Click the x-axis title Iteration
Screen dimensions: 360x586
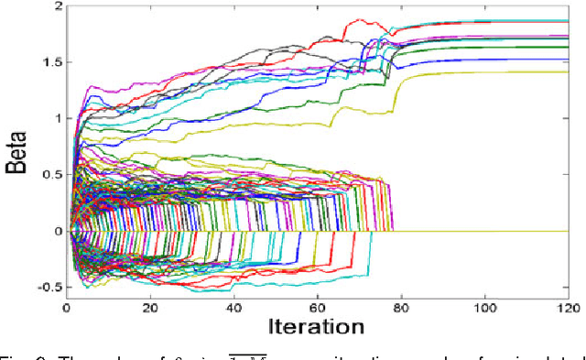pyautogui.click(x=317, y=326)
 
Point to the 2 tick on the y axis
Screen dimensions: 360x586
pyautogui.click(x=58, y=6)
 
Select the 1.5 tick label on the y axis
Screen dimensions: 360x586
pyautogui.click(x=51, y=62)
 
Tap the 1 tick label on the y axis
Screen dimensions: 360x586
pyautogui.click(x=58, y=118)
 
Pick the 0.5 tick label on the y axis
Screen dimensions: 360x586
pyautogui.click(x=51, y=175)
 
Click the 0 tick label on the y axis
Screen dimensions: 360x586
pyautogui.click(x=58, y=231)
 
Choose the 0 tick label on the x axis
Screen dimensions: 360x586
pyautogui.click(x=67, y=308)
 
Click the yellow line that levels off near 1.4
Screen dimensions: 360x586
pyautogui.click(x=494, y=72)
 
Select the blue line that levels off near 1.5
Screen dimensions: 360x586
pyautogui.click(x=494, y=60)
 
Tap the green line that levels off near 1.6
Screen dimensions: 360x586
pyautogui.click(x=494, y=48)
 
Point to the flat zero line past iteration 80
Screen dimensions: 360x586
pyautogui.click(x=485, y=231)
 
